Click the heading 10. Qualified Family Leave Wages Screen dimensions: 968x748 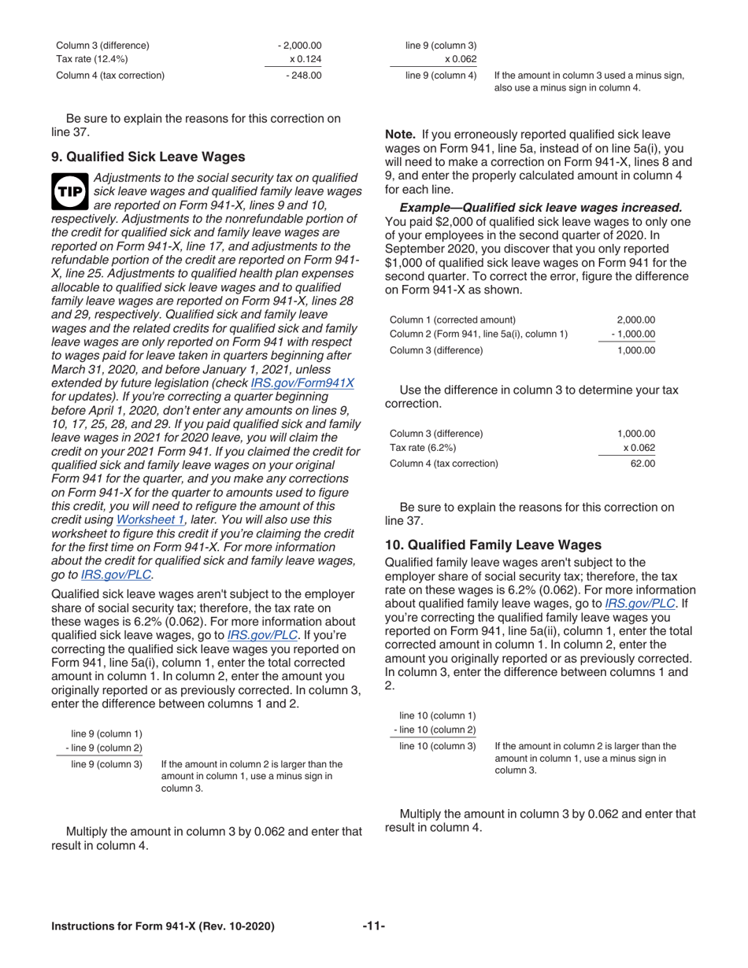click(493, 543)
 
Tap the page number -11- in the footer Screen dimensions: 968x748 click(374, 926)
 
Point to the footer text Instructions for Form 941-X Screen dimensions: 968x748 click(162, 926)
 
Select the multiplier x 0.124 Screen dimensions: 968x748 click(306, 59)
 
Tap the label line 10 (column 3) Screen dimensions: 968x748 click(438, 744)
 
